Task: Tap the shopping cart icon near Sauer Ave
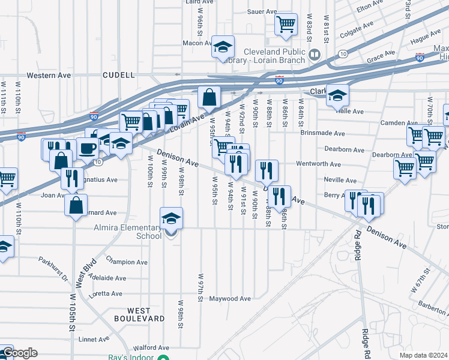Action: [x=286, y=24]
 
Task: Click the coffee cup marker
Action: [x=88, y=148]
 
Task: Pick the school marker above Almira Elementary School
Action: [x=171, y=218]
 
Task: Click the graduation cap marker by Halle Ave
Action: [x=337, y=95]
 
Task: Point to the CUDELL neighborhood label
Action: [x=119, y=75]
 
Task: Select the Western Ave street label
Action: [x=49, y=76]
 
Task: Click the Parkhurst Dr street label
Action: [x=54, y=264]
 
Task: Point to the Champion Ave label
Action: [x=127, y=262]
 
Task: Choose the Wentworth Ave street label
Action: [x=318, y=164]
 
